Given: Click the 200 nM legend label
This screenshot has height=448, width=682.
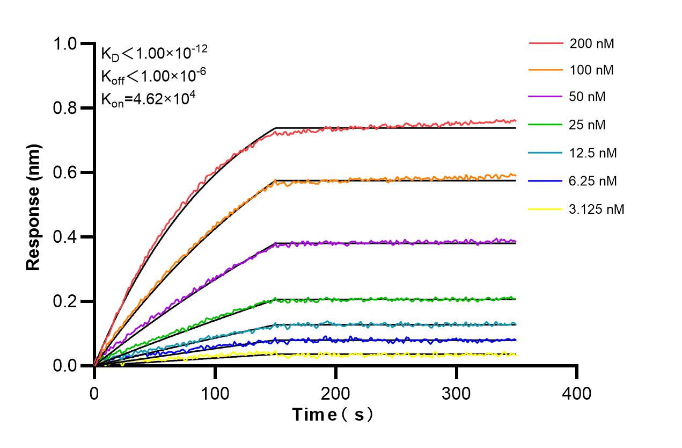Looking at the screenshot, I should [592, 44].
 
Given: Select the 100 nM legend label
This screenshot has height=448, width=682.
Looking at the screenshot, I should [592, 70].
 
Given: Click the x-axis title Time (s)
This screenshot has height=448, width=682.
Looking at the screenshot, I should [333, 414].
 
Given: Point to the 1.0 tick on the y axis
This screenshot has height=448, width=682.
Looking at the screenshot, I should [67, 44].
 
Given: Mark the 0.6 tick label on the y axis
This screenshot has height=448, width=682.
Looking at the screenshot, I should [67, 172].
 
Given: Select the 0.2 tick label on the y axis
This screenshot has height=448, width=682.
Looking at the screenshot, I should [67, 301].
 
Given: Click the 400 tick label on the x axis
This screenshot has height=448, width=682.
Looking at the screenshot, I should [577, 393].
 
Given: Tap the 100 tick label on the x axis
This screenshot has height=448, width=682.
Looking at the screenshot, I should [215, 393].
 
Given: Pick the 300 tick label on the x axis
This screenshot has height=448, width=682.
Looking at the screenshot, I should [456, 393].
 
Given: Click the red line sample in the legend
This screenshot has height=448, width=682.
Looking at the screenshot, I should [546, 43].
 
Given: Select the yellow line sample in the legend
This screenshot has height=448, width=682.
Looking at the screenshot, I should [546, 209].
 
